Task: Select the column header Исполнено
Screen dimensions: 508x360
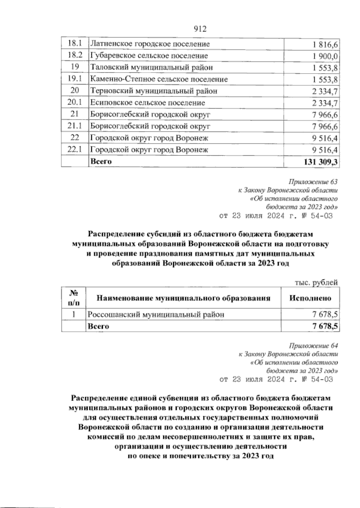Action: coord(310,298)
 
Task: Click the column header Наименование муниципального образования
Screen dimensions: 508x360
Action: coord(183,298)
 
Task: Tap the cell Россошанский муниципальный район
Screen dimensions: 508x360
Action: coord(155,314)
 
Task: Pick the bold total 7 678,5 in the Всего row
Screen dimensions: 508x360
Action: coord(325,326)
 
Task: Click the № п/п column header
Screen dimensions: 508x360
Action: coord(74,298)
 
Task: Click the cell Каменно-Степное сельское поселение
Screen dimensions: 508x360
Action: coord(159,79)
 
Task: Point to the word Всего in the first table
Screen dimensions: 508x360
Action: coord(101,161)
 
